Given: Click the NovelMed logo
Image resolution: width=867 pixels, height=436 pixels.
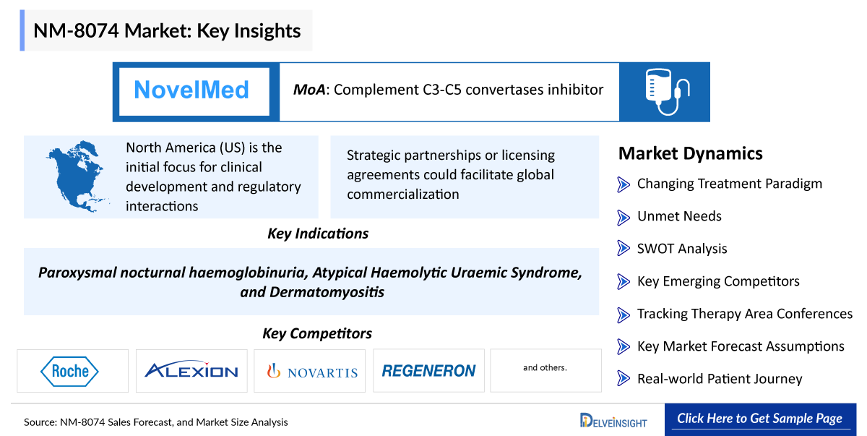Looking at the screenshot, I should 192,90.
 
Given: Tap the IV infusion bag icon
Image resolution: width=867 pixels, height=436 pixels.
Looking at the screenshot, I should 664,91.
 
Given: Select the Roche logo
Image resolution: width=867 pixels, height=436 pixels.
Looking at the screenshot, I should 71,371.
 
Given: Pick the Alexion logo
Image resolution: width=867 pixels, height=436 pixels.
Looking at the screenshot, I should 191,371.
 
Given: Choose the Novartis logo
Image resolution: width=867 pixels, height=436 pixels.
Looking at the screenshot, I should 312,372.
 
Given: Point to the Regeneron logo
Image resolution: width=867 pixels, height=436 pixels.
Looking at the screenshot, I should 428,371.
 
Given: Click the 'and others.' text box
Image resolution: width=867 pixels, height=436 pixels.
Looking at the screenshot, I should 545,368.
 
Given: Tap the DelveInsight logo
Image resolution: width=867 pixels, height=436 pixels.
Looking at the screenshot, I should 613,420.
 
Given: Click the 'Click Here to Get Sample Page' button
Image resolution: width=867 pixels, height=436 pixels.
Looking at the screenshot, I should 759,419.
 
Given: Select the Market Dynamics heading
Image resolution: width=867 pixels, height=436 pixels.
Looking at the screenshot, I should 690,153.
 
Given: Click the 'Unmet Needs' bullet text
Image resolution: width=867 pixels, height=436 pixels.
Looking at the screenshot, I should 678,216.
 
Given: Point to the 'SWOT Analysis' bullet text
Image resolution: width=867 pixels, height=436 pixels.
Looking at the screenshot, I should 681,249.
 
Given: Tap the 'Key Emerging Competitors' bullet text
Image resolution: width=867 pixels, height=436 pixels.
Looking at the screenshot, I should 717,281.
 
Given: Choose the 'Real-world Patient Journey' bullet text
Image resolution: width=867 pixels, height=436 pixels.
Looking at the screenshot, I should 719,379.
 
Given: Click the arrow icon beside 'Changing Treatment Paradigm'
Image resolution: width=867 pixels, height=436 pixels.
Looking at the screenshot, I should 624,184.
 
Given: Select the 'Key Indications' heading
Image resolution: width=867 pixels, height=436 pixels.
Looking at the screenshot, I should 317,234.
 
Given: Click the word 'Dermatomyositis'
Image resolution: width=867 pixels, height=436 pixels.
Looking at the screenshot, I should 327,292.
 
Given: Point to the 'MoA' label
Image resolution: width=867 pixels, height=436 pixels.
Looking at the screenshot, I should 309,90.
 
